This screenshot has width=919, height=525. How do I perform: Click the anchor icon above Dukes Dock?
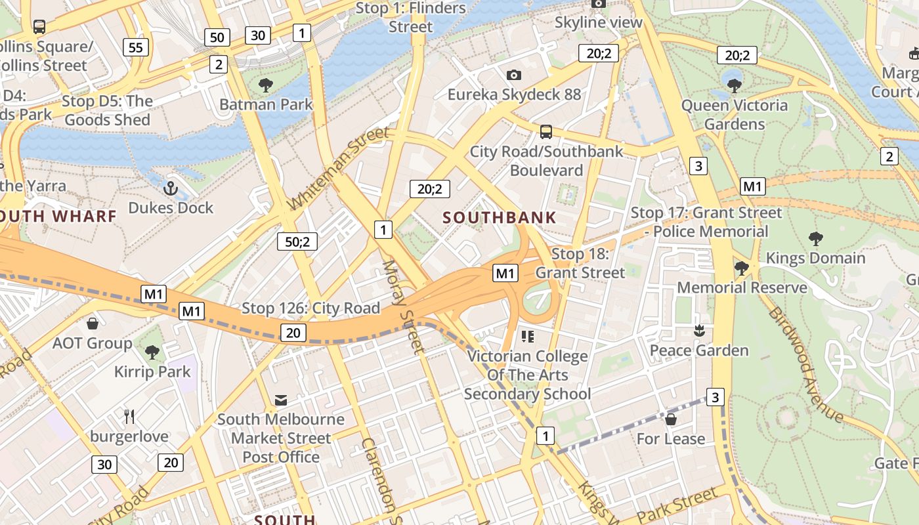coord(171,188)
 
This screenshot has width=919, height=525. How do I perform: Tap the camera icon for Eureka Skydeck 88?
coord(514,75)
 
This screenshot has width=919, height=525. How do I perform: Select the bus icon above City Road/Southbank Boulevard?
coord(546,132)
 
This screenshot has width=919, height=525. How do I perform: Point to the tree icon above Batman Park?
coord(266,85)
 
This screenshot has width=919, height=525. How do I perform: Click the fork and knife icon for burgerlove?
coord(129,416)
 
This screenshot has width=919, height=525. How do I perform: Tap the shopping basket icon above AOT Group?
coord(93,324)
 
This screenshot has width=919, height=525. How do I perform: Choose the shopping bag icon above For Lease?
coord(671,419)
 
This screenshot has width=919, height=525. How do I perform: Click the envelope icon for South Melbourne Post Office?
coord(281,400)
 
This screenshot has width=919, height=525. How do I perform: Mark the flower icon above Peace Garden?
coord(698,331)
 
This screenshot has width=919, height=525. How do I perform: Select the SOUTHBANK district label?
coord(500,218)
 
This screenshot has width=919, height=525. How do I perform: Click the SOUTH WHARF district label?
coord(58,216)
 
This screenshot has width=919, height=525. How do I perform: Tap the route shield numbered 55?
coord(136,47)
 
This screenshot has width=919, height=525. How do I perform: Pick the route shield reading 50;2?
coord(297,241)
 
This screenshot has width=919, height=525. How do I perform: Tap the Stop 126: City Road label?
coord(310,308)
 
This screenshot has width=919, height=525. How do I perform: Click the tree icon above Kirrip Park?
coord(152,352)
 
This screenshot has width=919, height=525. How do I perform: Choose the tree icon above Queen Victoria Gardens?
coord(734,85)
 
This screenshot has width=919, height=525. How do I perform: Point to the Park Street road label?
coord(677,506)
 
